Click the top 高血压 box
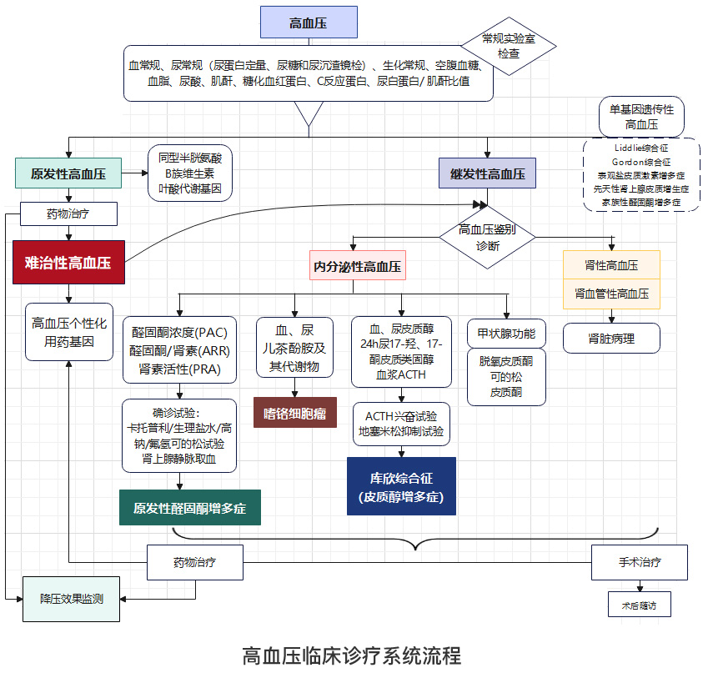coord(309,23)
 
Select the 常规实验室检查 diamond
coord(508,46)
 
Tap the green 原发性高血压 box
coord(68,174)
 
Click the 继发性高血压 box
coord(488,174)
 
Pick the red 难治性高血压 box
coord(68,262)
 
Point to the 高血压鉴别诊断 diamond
coord(488,237)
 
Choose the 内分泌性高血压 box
coord(357,267)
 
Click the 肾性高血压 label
coord(612,265)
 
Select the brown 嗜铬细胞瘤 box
coord(294,412)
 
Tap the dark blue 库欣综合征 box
coord(401,486)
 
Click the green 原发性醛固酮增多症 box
coord(190,508)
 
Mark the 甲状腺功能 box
coord(507,334)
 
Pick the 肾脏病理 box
coord(611,338)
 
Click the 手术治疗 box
coord(640,562)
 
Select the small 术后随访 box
coord(639,605)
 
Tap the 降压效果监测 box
coord(71,598)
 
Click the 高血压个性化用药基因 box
coord(68,331)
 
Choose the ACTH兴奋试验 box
coord(401,424)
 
